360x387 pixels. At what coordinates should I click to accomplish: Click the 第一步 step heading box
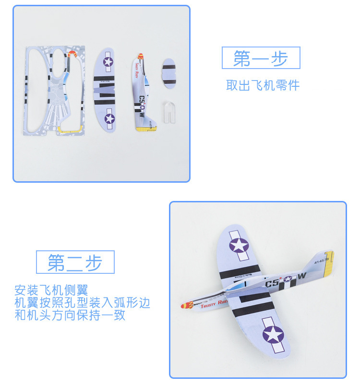point(261,58)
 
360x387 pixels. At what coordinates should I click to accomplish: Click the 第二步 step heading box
point(75,262)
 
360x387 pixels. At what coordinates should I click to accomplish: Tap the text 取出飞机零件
point(263,85)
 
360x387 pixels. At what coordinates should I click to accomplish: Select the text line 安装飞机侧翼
point(51,291)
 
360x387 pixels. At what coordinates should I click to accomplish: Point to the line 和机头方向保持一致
point(70,316)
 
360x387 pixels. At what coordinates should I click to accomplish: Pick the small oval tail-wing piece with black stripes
point(168,74)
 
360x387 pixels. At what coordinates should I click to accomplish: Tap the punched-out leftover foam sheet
point(54,90)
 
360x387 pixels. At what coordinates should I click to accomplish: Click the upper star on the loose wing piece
point(108,61)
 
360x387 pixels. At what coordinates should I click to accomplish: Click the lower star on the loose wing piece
point(110,118)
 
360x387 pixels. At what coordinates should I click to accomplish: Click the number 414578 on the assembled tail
point(322,261)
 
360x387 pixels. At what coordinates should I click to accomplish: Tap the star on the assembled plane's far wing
point(239,245)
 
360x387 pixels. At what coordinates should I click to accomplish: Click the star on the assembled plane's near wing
point(273,334)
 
